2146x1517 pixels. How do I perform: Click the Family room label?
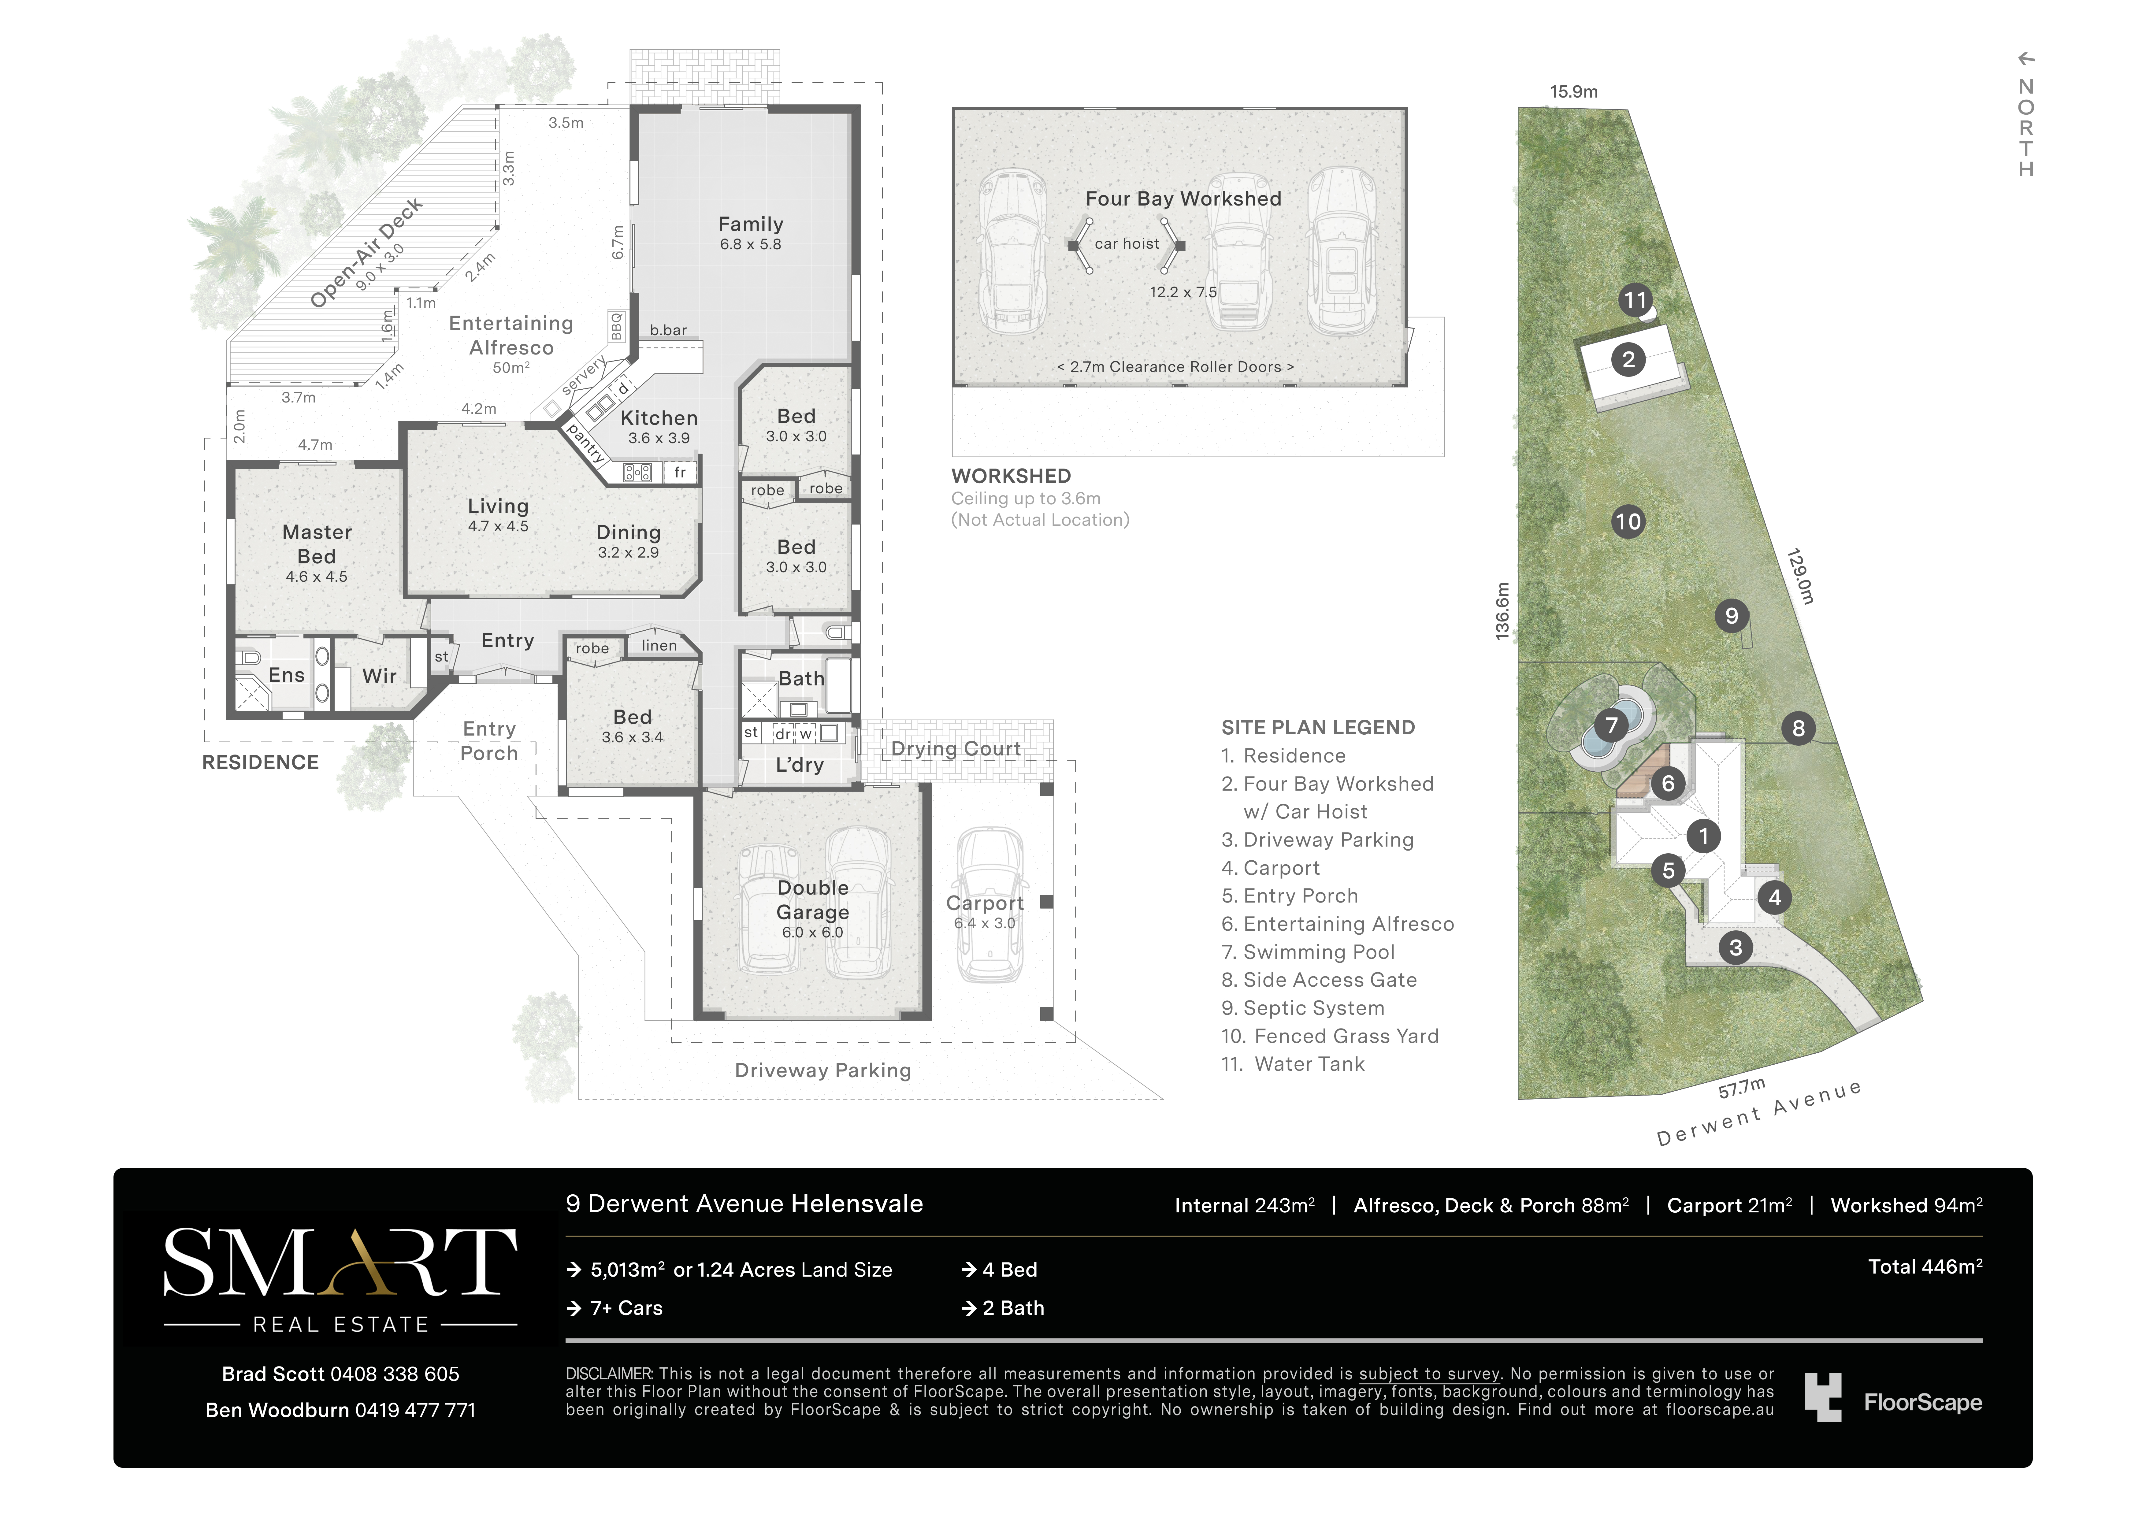point(751,224)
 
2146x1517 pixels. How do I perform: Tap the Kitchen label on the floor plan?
point(659,418)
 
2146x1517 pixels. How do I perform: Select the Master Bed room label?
point(317,544)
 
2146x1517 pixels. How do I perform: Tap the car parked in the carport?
point(991,904)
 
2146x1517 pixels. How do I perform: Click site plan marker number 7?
point(1610,725)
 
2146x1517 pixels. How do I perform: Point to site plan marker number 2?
point(1628,360)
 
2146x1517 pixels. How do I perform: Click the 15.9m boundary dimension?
point(1574,91)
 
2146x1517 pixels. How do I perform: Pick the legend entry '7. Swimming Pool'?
point(1308,951)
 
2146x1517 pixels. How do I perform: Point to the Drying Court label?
point(955,749)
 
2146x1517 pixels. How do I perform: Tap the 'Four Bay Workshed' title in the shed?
point(1183,198)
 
